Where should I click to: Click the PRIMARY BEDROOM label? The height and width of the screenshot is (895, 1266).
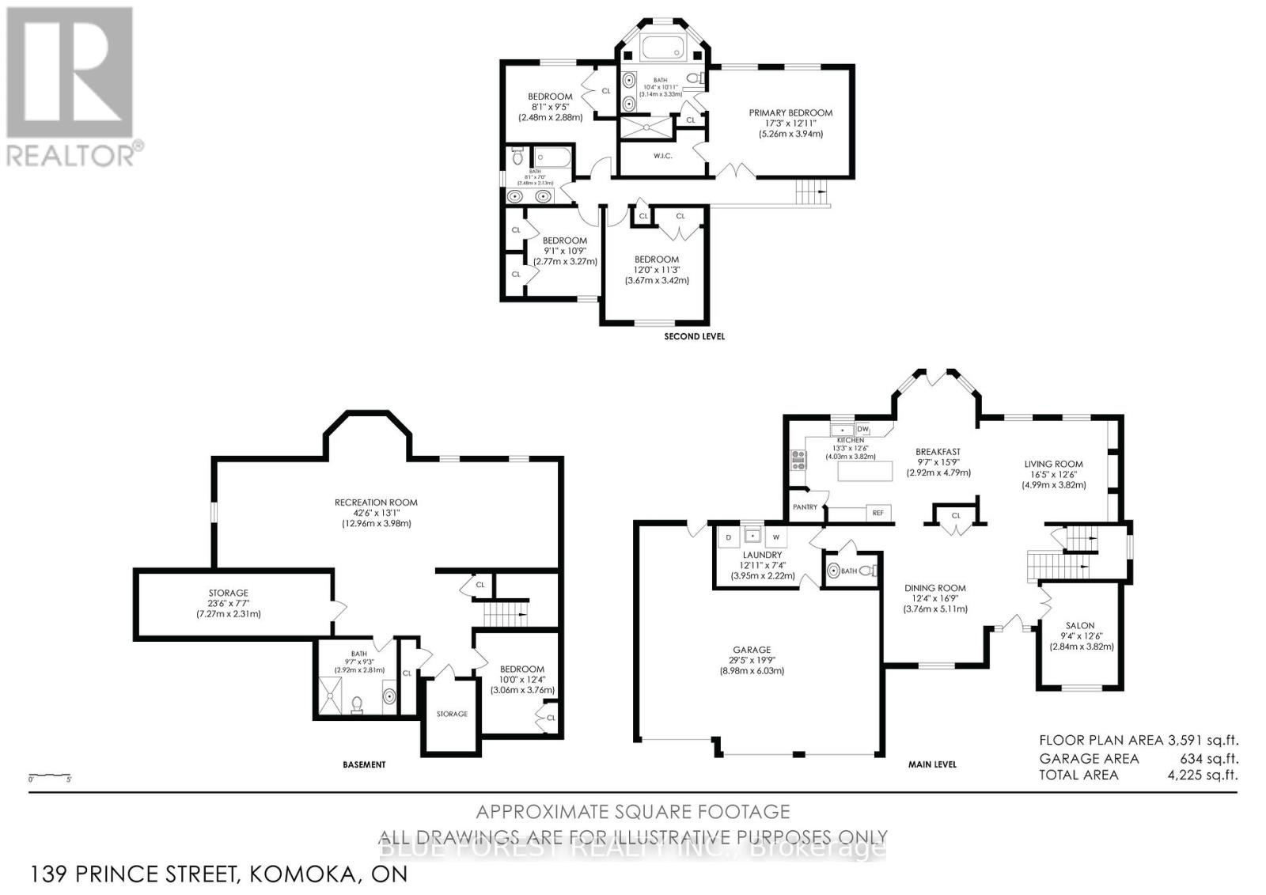tap(790, 113)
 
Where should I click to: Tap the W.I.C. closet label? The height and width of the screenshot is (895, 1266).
tap(662, 156)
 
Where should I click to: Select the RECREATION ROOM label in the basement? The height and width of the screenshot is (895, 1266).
tap(376, 502)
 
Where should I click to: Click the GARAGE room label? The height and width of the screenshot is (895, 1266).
tap(751, 650)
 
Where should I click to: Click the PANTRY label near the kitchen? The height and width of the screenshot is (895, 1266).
tap(805, 507)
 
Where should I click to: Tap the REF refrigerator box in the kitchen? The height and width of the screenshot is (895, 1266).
tap(877, 513)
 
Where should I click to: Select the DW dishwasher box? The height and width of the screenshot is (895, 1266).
tap(862, 429)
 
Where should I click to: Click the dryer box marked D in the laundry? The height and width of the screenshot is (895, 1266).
tap(728, 537)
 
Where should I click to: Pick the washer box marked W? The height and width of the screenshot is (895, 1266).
tap(776, 537)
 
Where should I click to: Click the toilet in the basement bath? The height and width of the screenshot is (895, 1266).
tap(357, 702)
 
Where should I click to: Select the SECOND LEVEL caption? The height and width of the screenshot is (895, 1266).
tap(693, 336)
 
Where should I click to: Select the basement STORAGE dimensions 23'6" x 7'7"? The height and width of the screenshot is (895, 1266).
tap(228, 603)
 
